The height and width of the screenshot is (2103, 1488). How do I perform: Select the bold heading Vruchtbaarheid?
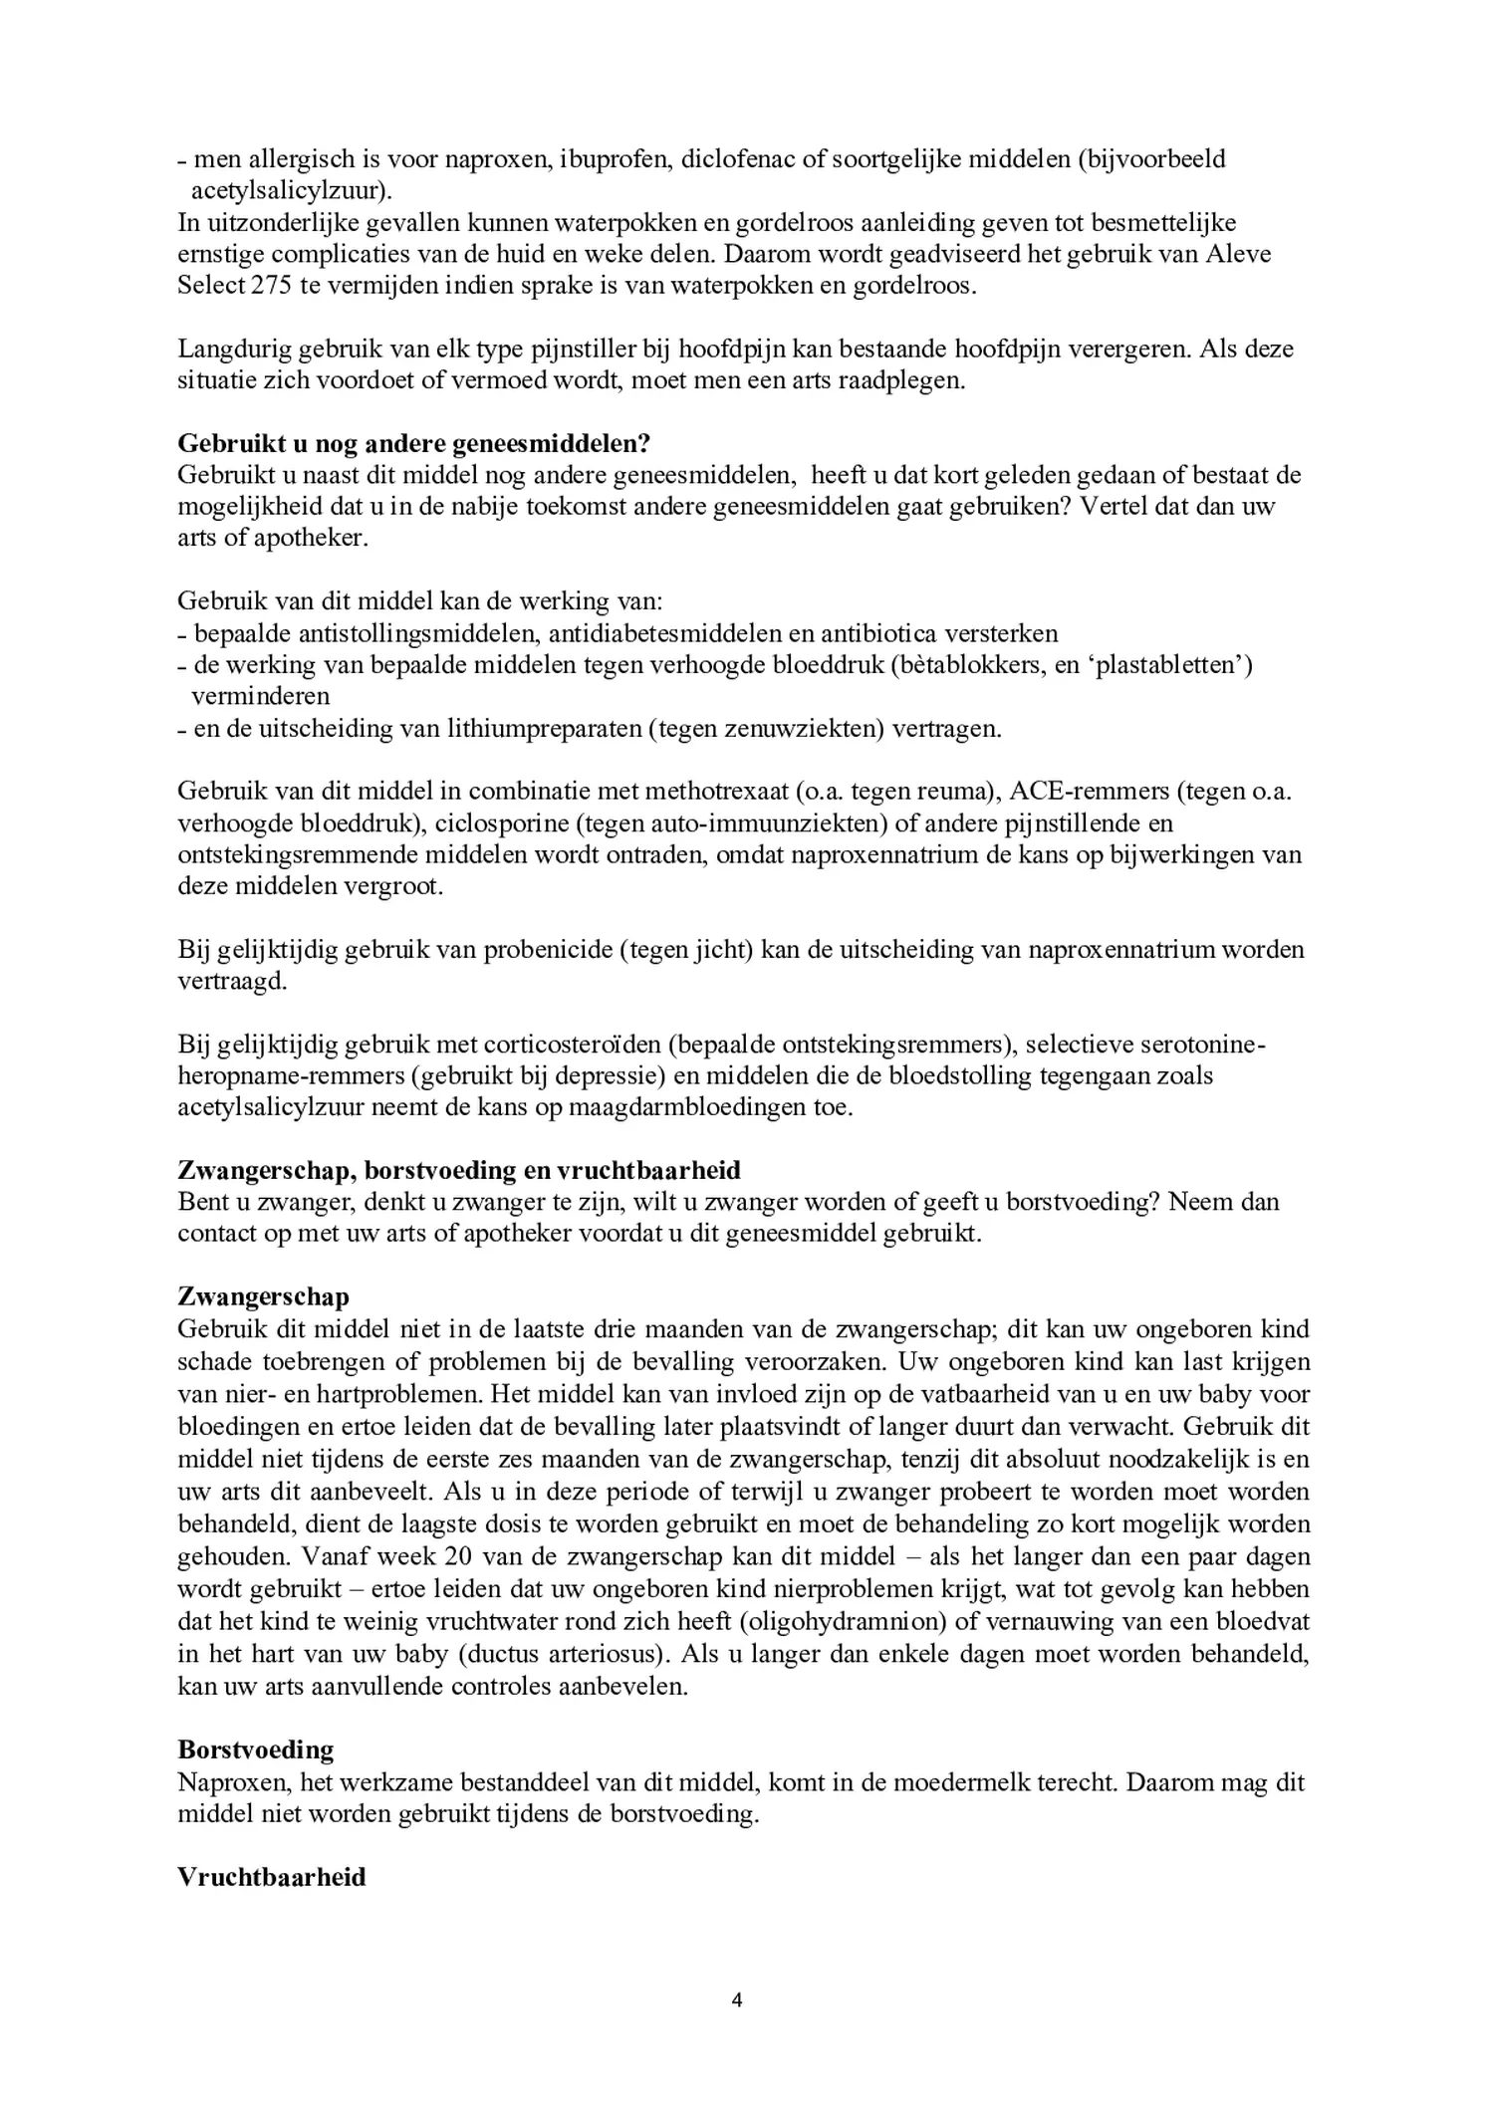coord(272,1877)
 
